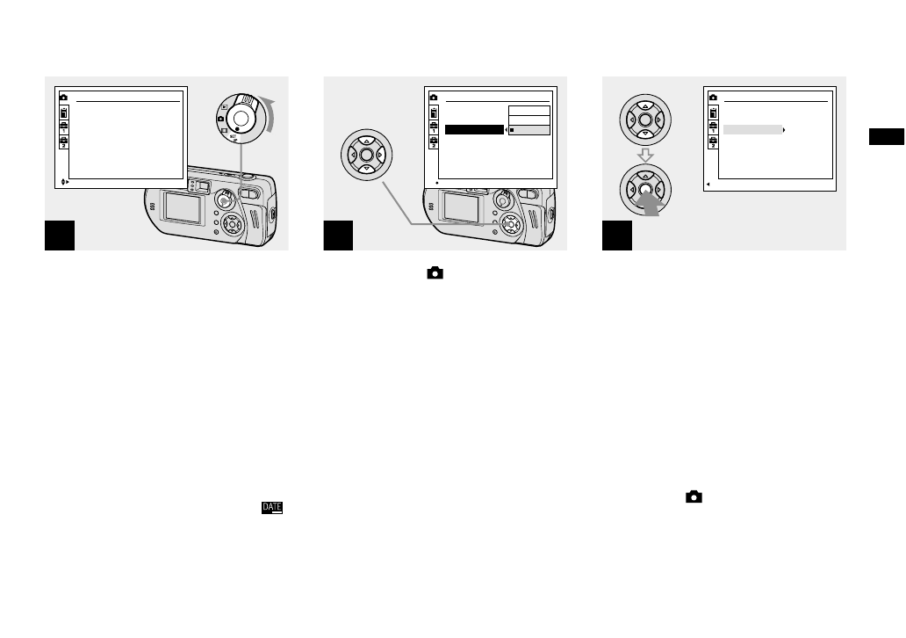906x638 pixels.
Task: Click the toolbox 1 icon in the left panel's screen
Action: click(62, 127)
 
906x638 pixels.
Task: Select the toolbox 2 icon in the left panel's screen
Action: click(62, 142)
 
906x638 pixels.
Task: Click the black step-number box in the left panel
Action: click(60, 236)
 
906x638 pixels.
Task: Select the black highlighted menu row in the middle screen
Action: click(474, 130)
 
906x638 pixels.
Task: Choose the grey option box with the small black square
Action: click(529, 130)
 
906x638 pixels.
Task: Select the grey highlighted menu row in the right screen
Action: click(752, 129)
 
